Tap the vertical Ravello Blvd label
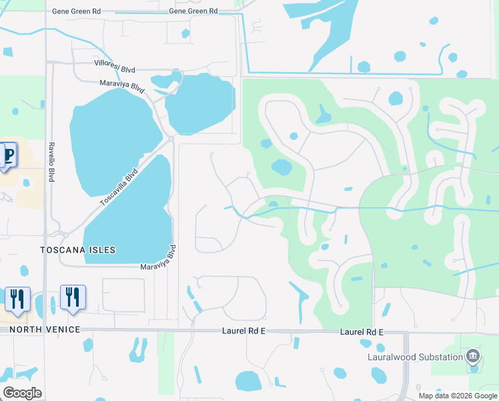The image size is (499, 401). click(x=51, y=162)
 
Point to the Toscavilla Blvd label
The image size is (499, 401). click(x=118, y=186)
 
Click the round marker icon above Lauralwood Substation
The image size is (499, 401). click(x=473, y=356)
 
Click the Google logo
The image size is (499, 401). click(x=22, y=393)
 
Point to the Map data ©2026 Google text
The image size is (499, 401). click(x=457, y=396)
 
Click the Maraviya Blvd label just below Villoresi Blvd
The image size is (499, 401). click(x=122, y=86)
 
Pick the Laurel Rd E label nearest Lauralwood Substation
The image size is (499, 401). click(x=362, y=331)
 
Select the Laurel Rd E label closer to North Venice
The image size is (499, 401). click(x=245, y=331)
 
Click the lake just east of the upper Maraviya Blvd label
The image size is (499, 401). click(x=200, y=104)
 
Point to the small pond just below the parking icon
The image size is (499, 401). click(x=26, y=182)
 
